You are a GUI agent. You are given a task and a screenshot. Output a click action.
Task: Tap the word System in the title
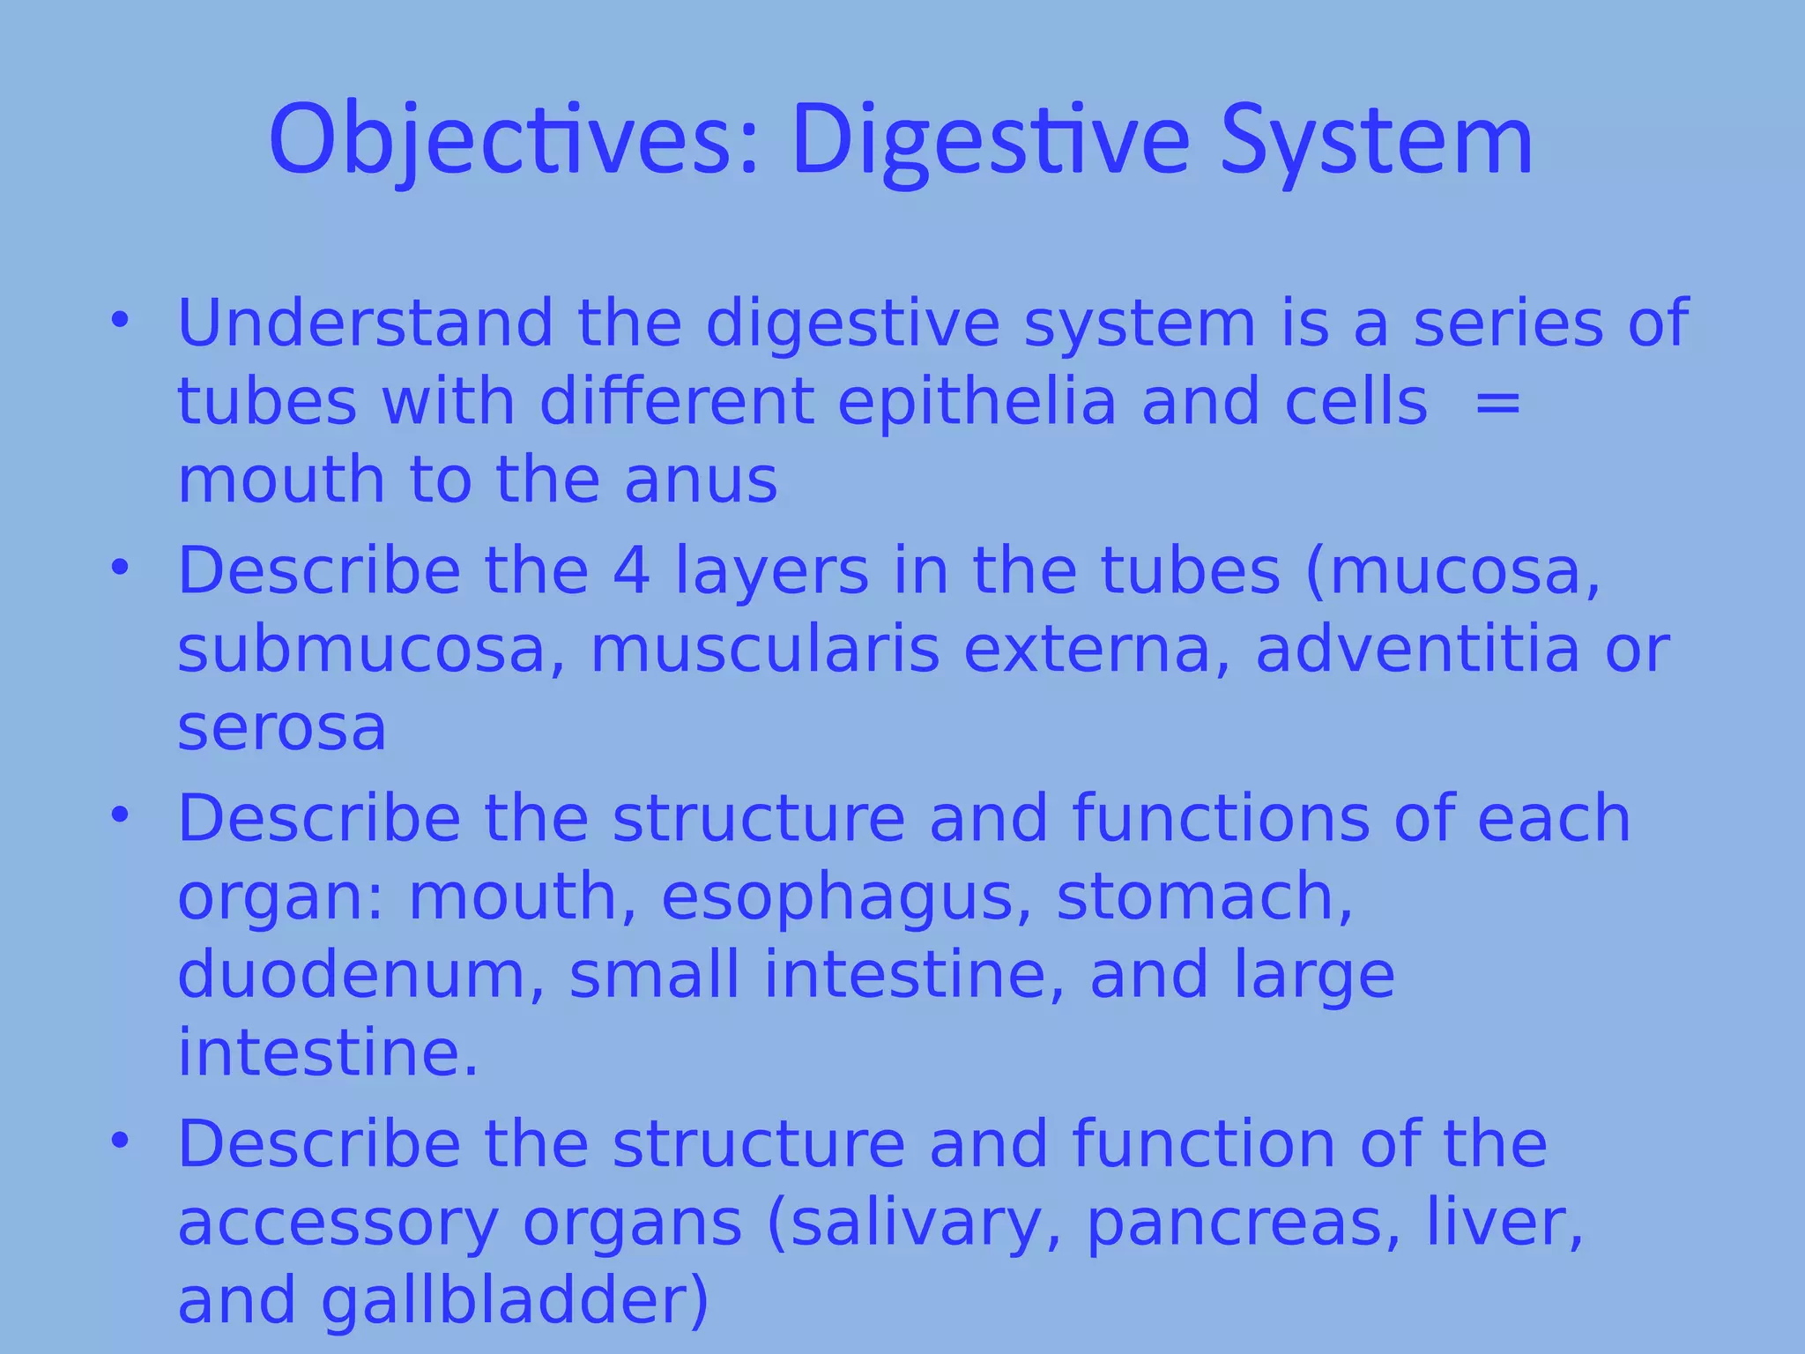1376,141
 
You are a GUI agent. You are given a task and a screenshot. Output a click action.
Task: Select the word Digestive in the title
990,141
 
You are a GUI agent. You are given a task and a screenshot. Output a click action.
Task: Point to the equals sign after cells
1497,402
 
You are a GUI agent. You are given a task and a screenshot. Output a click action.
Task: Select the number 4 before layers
631,571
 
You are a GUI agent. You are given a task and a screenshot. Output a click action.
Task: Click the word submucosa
362,650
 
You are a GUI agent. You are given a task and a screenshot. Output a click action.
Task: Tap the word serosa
282,728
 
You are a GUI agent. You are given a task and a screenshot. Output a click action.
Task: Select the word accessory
338,1224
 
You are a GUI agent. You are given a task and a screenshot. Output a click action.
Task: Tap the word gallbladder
515,1302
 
